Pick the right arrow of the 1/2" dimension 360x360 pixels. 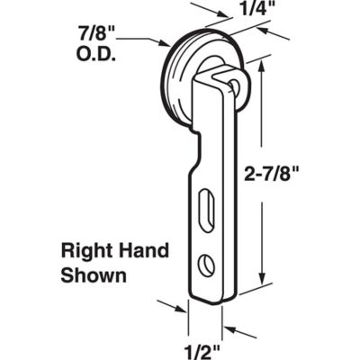point(229,327)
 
